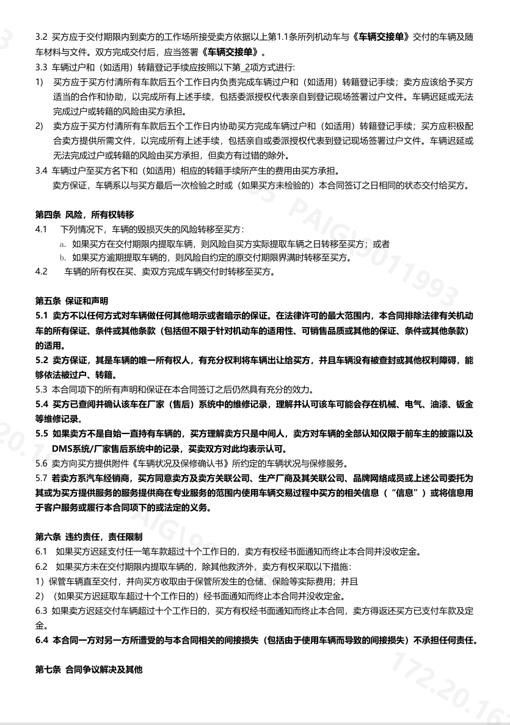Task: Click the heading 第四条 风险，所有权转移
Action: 84,215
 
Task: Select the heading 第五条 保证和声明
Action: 71,301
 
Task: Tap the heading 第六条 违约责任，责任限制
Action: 89,536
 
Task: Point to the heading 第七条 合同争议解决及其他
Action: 89,670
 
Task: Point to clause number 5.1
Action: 42,315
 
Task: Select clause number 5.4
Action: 42,405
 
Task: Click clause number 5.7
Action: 42,477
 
